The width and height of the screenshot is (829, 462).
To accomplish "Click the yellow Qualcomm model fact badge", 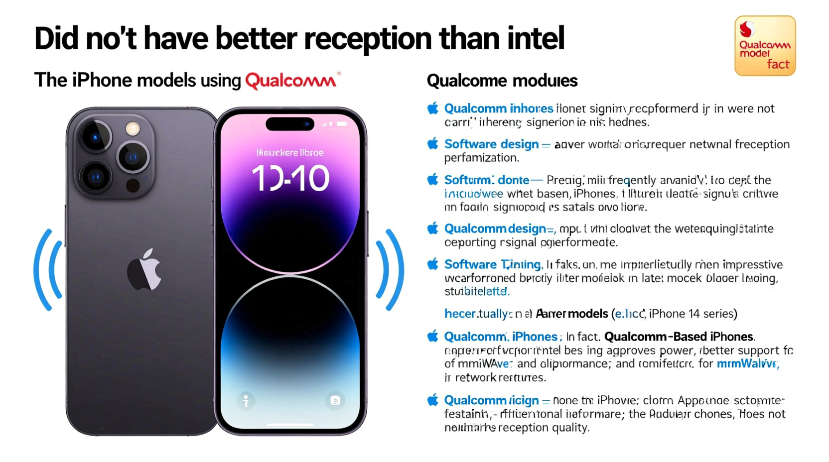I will coord(765,46).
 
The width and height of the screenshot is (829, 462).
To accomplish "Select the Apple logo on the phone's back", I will coord(144,269).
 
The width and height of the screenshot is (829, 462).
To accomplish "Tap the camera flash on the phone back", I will coord(133,128).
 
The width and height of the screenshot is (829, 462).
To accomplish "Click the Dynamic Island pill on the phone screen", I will coord(290,123).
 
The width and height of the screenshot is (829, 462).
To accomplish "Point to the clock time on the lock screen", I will coord(290,178).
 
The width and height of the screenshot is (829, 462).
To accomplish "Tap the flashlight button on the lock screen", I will coord(246,401).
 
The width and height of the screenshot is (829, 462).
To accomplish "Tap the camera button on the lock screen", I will coord(335,401).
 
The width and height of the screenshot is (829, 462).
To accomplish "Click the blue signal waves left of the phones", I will coord(48,270).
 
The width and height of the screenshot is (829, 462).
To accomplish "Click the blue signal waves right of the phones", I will coord(390,270).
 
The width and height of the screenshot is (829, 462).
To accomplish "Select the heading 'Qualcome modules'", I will coord(502,81).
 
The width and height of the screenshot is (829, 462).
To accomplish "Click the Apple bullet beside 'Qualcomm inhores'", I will coord(433,109).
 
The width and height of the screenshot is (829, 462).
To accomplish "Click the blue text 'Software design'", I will coord(491,144).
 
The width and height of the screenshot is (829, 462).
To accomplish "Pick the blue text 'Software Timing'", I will coord(492,264).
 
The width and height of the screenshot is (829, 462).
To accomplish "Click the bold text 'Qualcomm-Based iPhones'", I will coord(679,337).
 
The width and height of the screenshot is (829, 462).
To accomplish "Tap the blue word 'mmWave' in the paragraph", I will coord(747,364).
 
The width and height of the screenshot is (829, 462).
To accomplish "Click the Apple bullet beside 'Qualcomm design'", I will coord(433,229).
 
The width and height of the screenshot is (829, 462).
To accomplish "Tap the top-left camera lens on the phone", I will coord(95,136).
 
